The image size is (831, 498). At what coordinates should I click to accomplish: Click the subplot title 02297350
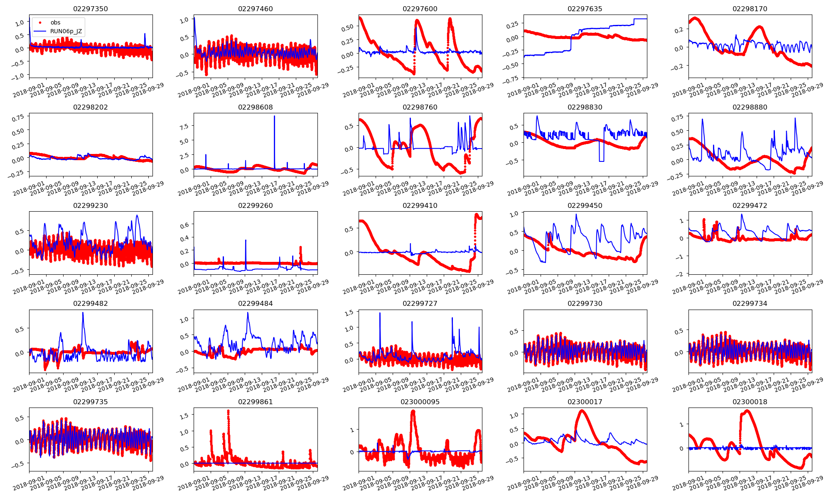tap(91, 9)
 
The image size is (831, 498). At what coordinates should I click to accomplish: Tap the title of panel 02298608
tap(256, 107)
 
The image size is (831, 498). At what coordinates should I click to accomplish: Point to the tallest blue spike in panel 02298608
tap(274, 116)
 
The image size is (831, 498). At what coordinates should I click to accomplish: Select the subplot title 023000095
tap(420, 402)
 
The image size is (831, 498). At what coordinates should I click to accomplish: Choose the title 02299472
tap(750, 205)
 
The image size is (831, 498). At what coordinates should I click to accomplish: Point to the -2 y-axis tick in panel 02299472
tap(680, 274)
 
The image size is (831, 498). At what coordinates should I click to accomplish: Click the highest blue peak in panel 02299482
tap(83, 313)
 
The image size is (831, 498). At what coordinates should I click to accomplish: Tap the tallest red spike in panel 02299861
tap(228, 411)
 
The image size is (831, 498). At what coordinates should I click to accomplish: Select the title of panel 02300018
tap(750, 402)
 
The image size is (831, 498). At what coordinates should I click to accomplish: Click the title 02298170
tap(750, 9)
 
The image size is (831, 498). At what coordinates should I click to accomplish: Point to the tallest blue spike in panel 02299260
tap(246, 240)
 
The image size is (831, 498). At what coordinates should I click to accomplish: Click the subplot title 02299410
tap(420, 205)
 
